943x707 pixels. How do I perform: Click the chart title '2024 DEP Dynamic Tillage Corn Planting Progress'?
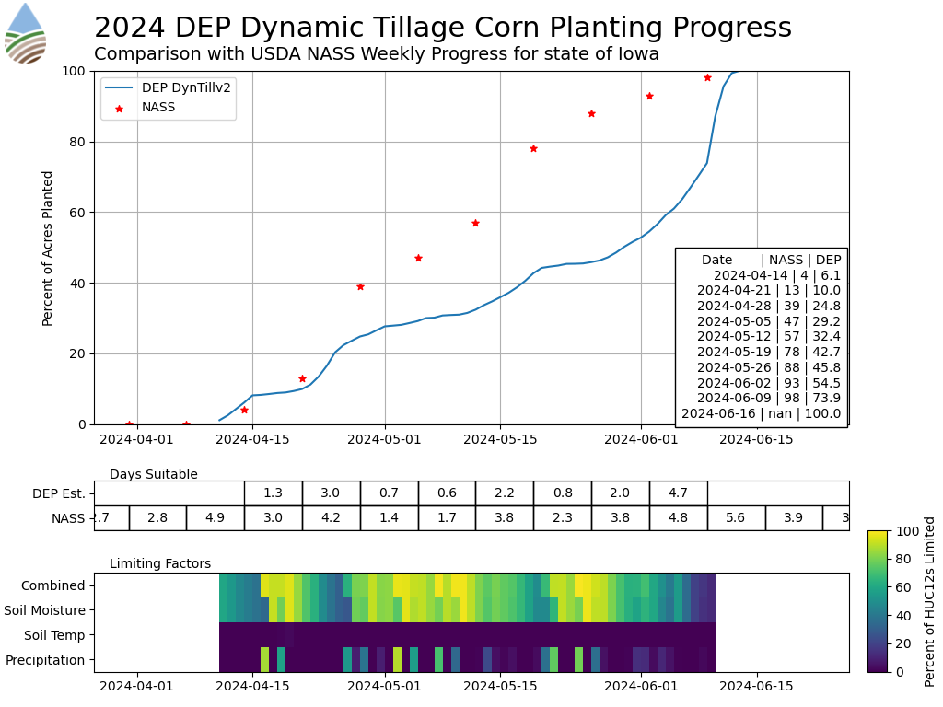click(x=442, y=28)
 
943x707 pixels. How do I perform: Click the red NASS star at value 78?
click(x=533, y=148)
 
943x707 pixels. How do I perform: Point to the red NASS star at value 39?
click(x=360, y=286)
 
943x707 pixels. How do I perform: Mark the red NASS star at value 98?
click(x=707, y=77)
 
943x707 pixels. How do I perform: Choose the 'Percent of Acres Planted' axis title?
click(x=49, y=248)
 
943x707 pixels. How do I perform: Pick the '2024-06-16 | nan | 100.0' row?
click(x=762, y=413)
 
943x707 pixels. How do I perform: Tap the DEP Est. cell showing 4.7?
click(x=678, y=493)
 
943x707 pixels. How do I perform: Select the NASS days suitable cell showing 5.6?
click(x=736, y=518)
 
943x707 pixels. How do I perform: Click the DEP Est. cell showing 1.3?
click(x=274, y=493)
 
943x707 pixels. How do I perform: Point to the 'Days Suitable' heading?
click(x=154, y=475)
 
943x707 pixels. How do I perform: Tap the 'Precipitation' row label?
click(x=45, y=660)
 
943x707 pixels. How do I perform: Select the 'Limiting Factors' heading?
click(x=160, y=564)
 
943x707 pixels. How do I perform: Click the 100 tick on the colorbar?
click(x=902, y=531)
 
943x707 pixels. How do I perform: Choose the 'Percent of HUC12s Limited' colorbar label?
click(x=930, y=601)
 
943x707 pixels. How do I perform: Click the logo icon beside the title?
click(x=25, y=32)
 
